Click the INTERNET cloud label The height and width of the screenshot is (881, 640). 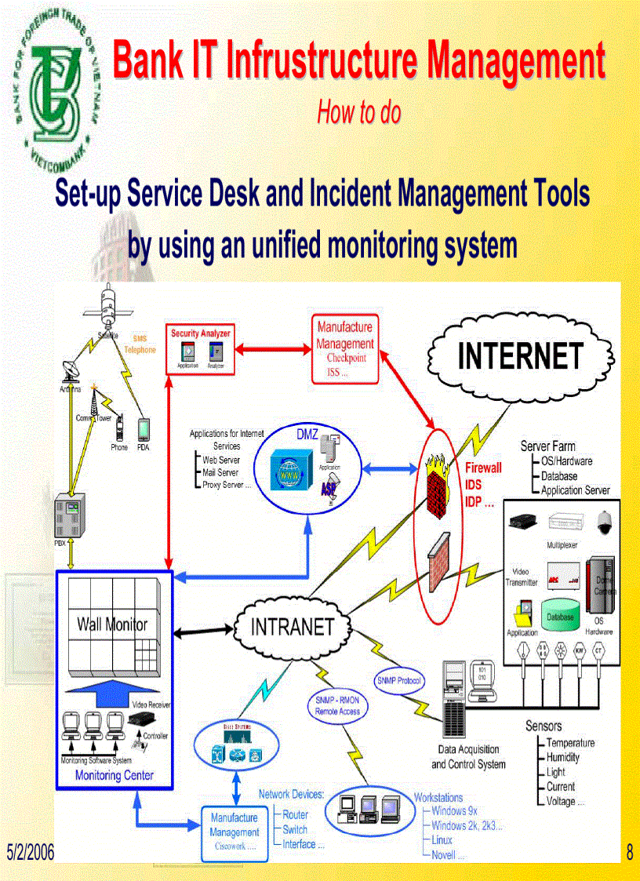[x=520, y=356]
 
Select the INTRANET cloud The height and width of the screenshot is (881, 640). [x=292, y=626]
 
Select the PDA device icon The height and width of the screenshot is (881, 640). [x=144, y=429]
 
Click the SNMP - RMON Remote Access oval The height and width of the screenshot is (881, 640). [x=337, y=706]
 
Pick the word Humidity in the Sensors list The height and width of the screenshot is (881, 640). [x=562, y=757]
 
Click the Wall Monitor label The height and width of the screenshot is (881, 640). [x=112, y=624]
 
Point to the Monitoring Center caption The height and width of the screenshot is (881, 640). [x=114, y=775]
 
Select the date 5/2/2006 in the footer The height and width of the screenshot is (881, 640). [x=31, y=852]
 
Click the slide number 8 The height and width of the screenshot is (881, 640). [x=629, y=852]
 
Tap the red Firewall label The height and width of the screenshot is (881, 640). [x=484, y=468]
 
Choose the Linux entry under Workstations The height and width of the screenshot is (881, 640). [x=442, y=839]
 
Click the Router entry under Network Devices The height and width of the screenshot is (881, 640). [x=296, y=814]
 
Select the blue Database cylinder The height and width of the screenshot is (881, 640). [x=560, y=619]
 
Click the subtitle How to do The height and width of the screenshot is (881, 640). [x=358, y=113]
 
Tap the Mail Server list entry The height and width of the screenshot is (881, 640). [x=220, y=472]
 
